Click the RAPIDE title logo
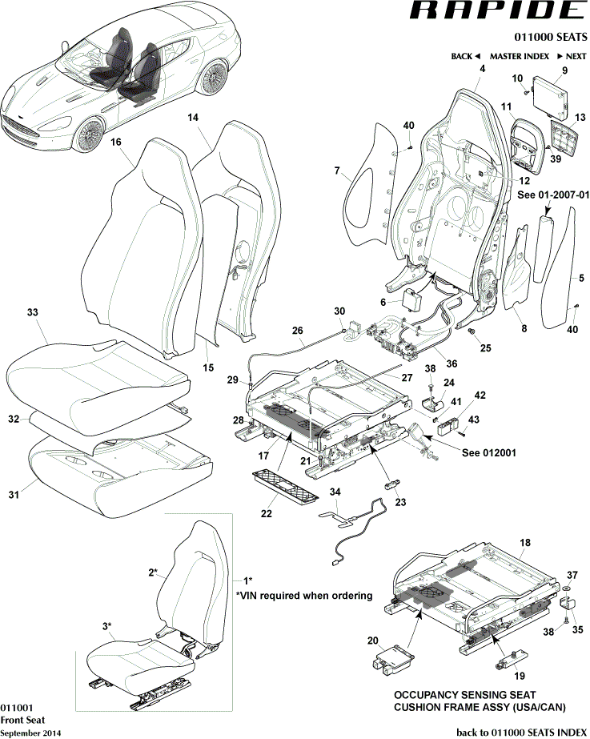[x=497, y=11]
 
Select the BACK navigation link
[x=465, y=57]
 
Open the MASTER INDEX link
[x=520, y=57]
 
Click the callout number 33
[x=32, y=311]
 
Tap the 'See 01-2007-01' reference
[x=553, y=194]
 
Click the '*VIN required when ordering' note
[x=304, y=596]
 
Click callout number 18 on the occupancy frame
[x=525, y=543]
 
